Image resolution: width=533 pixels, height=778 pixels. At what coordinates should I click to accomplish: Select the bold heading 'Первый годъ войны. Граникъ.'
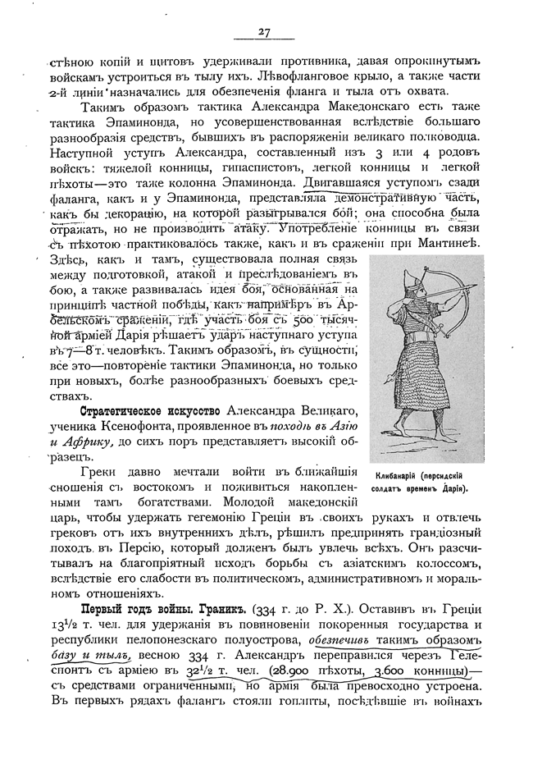pyautogui.click(x=157, y=611)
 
